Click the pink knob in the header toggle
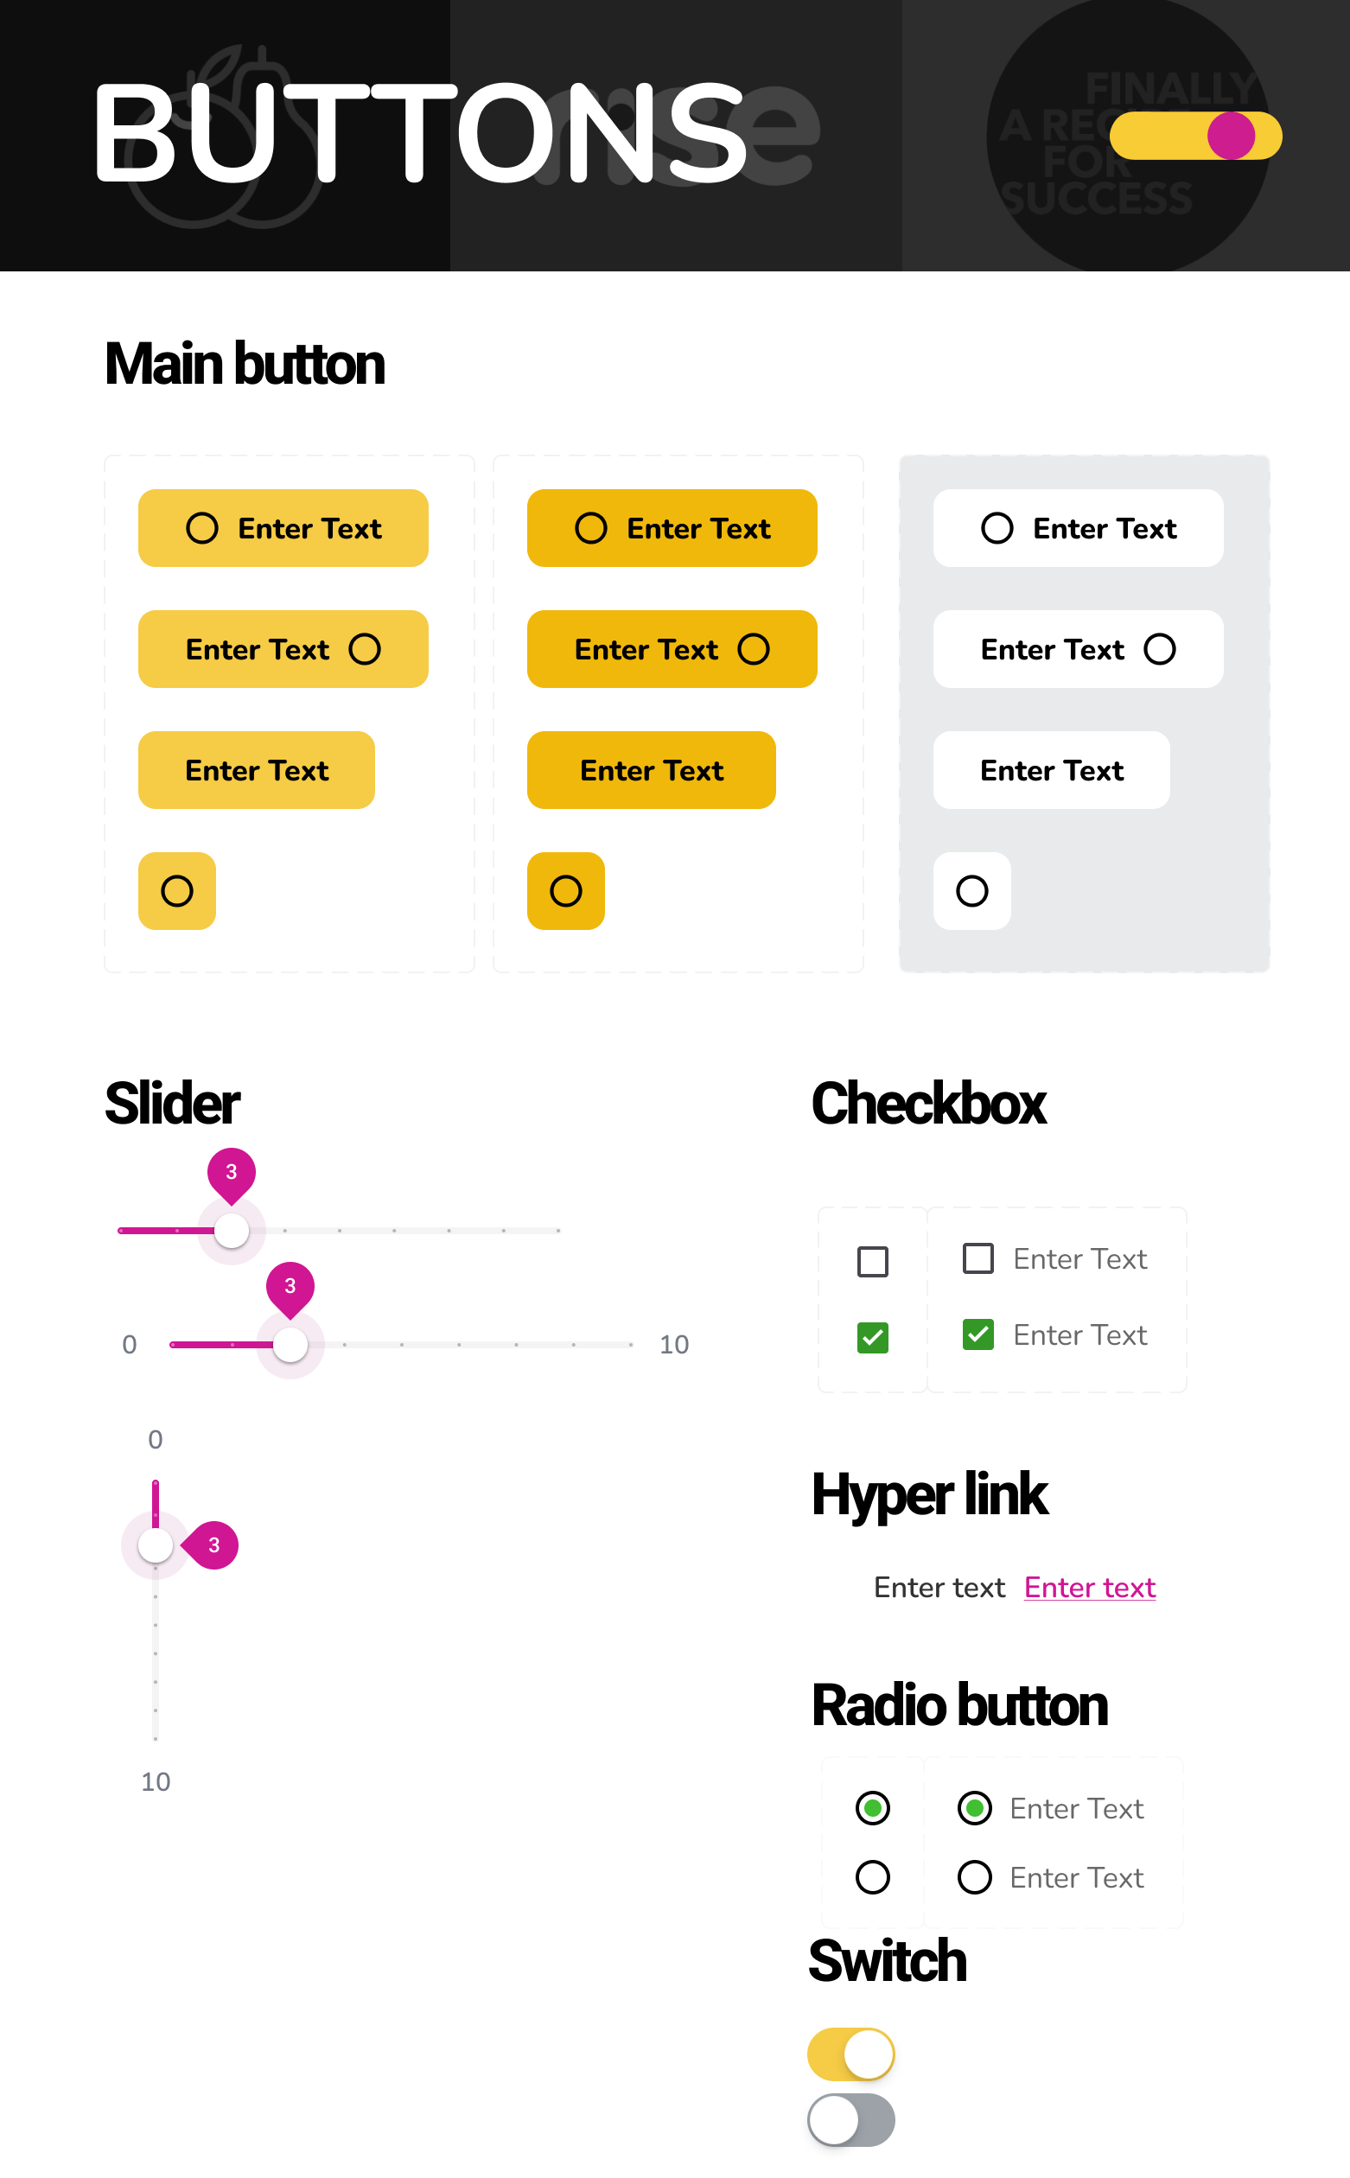[1231, 136]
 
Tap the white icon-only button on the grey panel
[971, 891]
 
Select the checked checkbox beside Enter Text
[977, 1334]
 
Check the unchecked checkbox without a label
[872, 1261]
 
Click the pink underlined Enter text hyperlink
[1089, 1587]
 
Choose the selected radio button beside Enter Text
[974, 1807]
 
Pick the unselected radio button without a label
[872, 1877]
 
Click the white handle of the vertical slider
[156, 1545]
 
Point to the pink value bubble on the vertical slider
[213, 1545]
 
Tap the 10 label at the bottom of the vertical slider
[156, 1781]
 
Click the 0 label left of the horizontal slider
[130, 1344]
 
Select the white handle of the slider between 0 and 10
[290, 1344]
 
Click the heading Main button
[245, 364]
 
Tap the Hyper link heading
[928, 1494]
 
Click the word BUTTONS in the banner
[420, 134]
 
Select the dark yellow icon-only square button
[565, 891]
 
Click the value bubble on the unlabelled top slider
[232, 1172]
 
